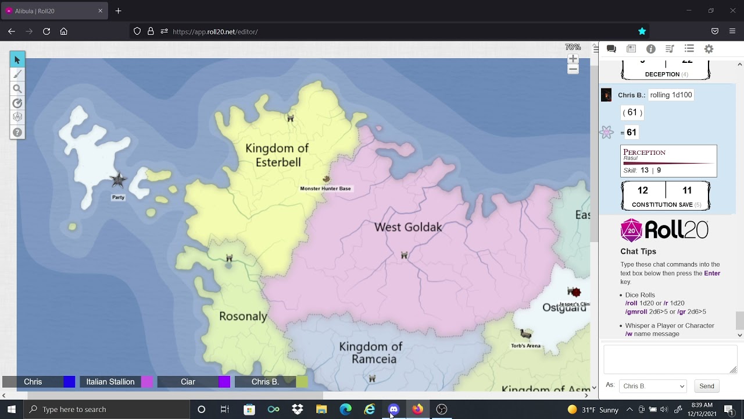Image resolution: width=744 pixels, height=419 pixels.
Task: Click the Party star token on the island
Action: tap(118, 180)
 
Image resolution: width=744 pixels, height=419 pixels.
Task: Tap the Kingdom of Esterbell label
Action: tap(277, 155)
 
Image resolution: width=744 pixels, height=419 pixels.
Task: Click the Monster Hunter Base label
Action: tap(325, 189)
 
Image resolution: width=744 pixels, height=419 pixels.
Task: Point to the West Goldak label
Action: tap(408, 227)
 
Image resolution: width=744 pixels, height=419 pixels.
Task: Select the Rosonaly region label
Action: tap(243, 317)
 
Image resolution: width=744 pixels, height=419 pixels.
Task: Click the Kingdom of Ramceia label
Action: tap(371, 353)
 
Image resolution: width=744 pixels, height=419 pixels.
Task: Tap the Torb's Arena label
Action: tap(525, 346)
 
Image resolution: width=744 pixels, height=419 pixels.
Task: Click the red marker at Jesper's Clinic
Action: tap(574, 292)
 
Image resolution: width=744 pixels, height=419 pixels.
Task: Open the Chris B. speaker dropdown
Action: tap(653, 386)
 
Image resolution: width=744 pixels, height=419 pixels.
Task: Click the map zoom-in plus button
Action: tap(573, 59)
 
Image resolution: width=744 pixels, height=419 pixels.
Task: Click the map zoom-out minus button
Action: tap(573, 69)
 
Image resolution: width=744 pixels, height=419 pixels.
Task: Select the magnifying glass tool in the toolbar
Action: tap(17, 89)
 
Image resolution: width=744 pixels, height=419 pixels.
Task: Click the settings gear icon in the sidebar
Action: tap(709, 49)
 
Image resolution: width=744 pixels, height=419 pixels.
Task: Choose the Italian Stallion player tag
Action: tap(110, 382)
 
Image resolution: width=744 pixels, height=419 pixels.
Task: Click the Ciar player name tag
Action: tap(188, 382)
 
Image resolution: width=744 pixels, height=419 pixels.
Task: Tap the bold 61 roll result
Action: tap(631, 132)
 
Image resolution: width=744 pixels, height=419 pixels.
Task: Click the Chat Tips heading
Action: tap(638, 251)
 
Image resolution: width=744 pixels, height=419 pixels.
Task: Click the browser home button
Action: tap(64, 31)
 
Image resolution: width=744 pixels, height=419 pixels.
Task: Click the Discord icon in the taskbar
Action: tap(394, 409)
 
